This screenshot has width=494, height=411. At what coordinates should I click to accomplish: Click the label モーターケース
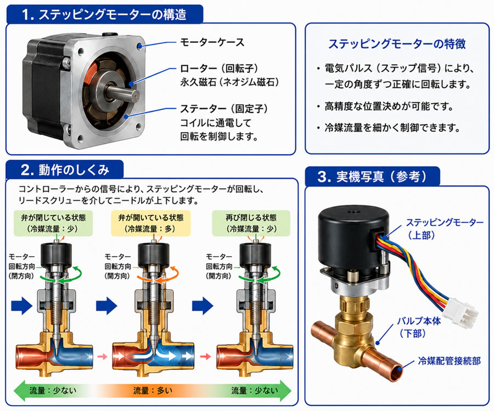point(212,42)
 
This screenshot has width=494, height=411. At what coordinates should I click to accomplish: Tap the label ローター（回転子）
point(219,69)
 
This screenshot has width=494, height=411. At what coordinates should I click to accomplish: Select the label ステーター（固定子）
point(224,109)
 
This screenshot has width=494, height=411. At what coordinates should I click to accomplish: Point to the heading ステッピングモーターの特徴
point(397,44)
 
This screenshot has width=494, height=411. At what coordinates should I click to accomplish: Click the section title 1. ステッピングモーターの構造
point(104,14)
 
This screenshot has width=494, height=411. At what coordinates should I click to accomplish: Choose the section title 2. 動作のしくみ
point(65,170)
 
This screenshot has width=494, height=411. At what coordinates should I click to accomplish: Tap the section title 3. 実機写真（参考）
point(372,176)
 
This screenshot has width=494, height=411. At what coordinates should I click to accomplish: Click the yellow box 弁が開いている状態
point(151,223)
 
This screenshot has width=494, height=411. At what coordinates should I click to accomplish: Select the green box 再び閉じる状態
point(251,223)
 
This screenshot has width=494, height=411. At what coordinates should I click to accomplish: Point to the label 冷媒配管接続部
point(449,361)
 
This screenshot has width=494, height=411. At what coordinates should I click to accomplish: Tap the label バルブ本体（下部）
point(419,327)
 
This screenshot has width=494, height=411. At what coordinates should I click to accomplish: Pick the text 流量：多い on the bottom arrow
point(153,391)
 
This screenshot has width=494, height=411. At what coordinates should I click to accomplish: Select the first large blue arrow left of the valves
point(22,306)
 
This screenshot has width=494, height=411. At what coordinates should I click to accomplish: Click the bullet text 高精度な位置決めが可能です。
point(389,106)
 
